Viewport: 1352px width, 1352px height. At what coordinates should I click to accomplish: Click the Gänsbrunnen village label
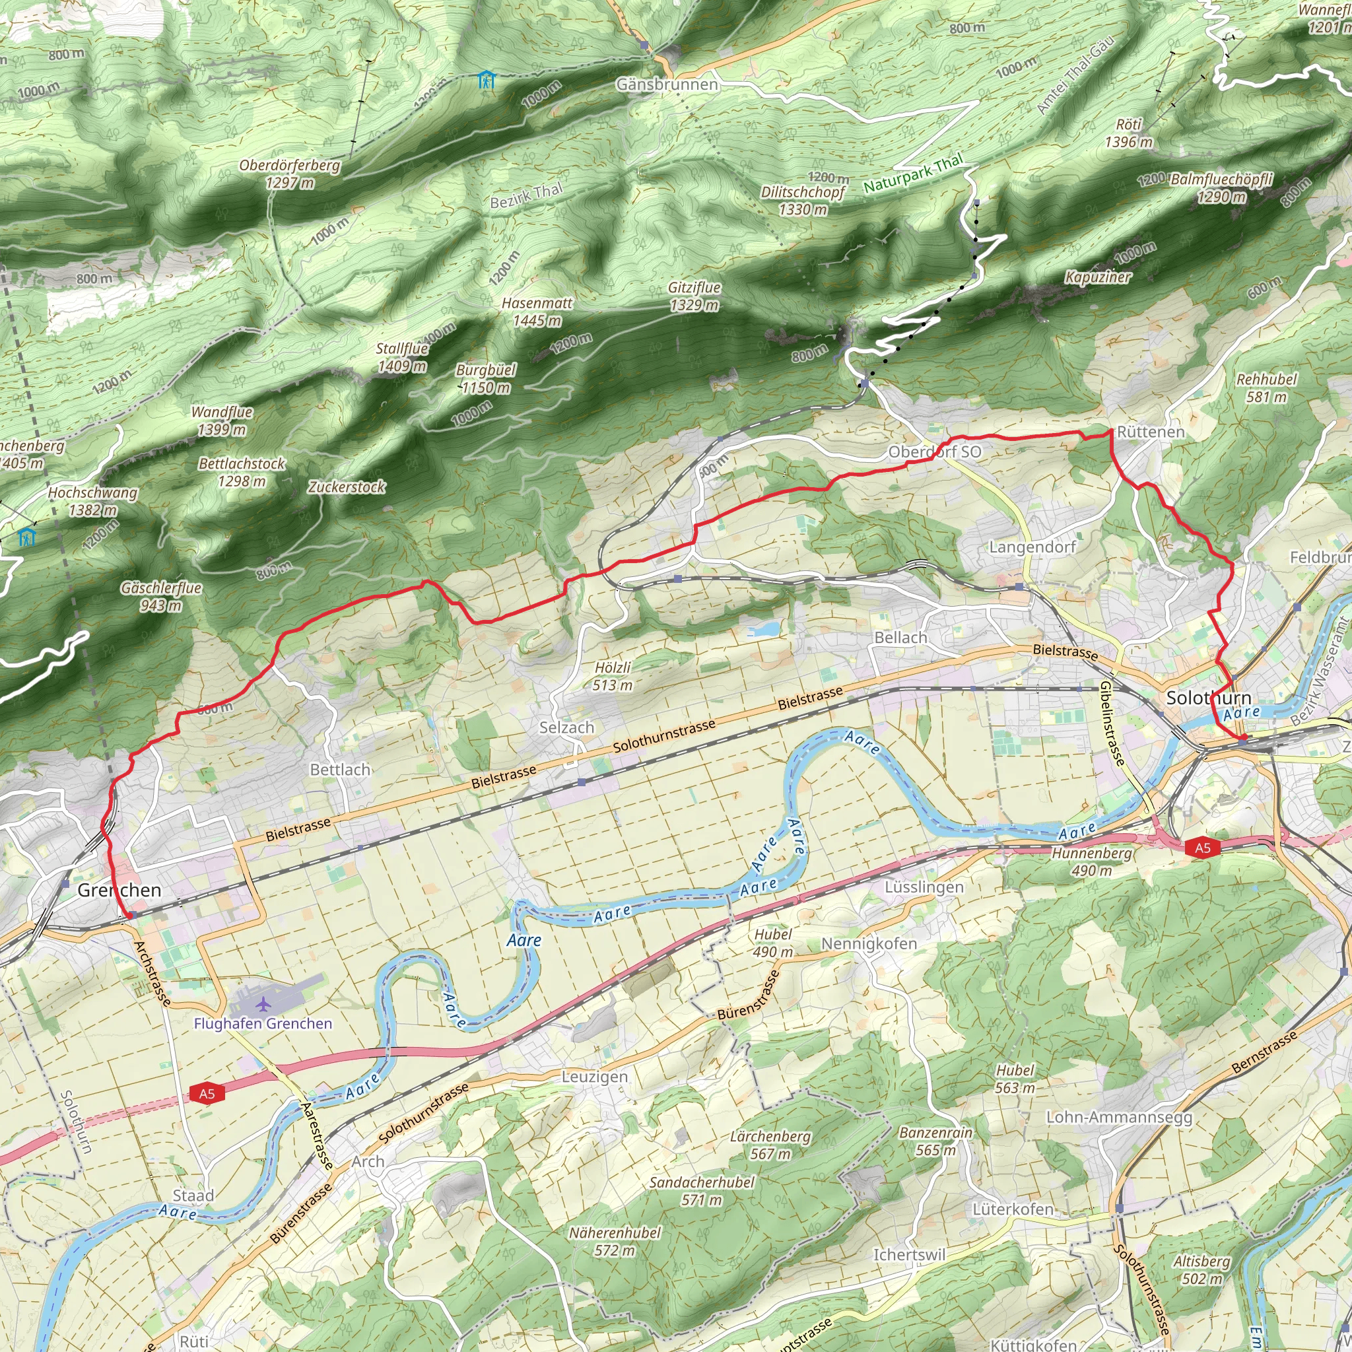pyautogui.click(x=667, y=84)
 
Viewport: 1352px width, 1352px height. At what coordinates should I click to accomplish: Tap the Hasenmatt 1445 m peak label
pyautogui.click(x=537, y=312)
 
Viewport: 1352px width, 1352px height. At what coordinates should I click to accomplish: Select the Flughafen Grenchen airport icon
pyautogui.click(x=263, y=1005)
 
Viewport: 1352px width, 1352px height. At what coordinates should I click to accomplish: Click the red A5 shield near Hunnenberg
pyautogui.click(x=1202, y=848)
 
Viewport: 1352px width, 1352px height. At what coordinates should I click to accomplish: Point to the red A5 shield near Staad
pyautogui.click(x=207, y=1093)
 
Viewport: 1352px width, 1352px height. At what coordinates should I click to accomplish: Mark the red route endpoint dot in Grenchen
pyautogui.click(x=129, y=914)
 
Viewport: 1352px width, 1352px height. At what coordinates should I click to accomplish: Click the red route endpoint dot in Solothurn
pyautogui.click(x=1242, y=737)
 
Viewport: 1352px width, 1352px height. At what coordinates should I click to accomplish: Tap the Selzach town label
pyautogui.click(x=567, y=727)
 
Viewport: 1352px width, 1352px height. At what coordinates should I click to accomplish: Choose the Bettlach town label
pyautogui.click(x=340, y=770)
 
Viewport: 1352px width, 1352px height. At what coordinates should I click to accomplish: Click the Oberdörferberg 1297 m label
pyautogui.click(x=290, y=174)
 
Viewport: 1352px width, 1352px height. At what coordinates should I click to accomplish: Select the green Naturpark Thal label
pyautogui.click(x=912, y=174)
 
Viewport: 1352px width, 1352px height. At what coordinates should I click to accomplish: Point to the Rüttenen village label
pyautogui.click(x=1151, y=432)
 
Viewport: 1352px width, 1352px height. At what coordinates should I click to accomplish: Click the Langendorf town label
pyautogui.click(x=1032, y=547)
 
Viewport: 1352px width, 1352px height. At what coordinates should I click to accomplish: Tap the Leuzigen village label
pyautogui.click(x=595, y=1076)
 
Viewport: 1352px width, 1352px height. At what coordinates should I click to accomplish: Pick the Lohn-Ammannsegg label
pyautogui.click(x=1119, y=1117)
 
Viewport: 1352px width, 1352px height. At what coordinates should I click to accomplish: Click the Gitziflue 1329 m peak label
pyautogui.click(x=694, y=296)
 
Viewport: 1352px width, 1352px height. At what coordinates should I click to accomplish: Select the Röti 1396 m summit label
pyautogui.click(x=1129, y=133)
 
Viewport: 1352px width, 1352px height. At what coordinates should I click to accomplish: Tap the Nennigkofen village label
pyautogui.click(x=869, y=943)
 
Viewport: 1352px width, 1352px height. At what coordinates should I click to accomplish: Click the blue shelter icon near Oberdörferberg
pyautogui.click(x=487, y=80)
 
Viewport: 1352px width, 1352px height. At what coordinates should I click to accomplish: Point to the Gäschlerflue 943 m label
pyautogui.click(x=161, y=596)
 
